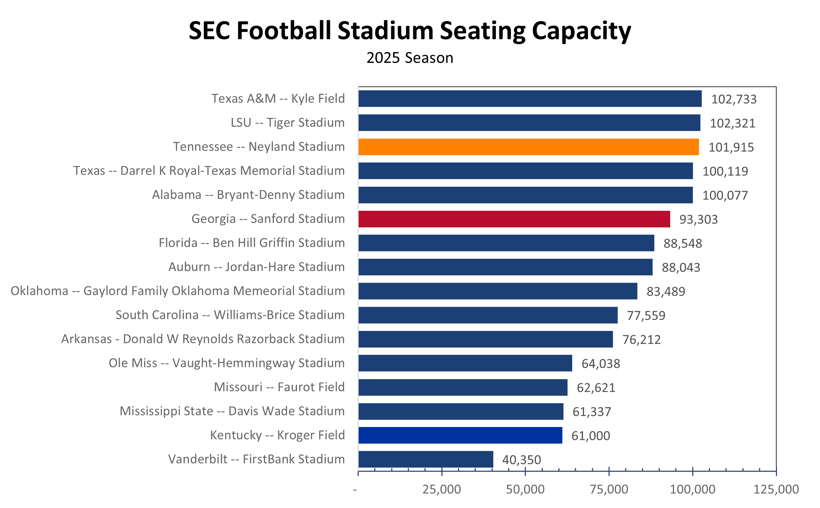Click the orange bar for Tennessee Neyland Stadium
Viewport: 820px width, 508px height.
coord(528,147)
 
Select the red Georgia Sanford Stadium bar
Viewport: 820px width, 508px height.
coord(514,219)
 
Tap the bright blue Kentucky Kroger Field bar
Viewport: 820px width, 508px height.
coord(460,435)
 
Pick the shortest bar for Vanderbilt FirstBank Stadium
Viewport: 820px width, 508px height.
coord(425,459)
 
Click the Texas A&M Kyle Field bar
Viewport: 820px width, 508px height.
coord(530,99)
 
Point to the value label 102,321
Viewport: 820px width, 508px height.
coord(733,123)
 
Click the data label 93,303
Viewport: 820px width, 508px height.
coord(698,220)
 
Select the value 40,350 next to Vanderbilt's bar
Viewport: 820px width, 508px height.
coord(521,460)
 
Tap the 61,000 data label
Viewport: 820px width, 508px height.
coord(591,436)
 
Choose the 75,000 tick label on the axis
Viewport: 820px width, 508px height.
coord(609,489)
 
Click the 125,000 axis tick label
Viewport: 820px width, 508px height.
coord(776,489)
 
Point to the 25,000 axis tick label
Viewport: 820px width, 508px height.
coord(441,489)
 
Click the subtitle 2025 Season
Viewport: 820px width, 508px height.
coord(410,58)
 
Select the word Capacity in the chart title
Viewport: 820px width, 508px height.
coord(581,31)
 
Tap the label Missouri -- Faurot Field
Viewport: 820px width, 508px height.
coord(279,387)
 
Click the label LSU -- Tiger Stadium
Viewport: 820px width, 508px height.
coord(287,123)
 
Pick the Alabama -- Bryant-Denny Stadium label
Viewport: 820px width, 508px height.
coord(248,195)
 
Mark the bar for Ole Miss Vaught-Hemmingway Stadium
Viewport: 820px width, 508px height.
coord(465,363)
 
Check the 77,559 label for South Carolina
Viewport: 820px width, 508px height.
coord(646,316)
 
